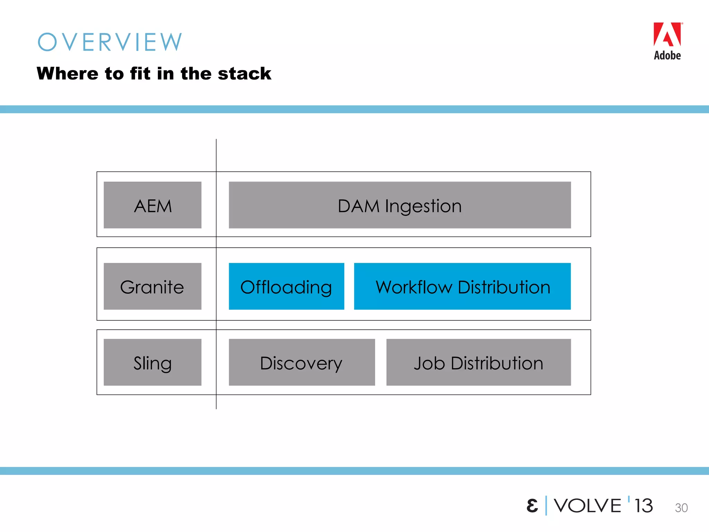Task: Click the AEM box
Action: point(152,205)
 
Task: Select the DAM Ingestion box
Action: point(400,205)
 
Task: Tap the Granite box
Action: point(152,286)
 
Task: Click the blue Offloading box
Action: point(286,286)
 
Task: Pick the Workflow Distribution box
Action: point(462,286)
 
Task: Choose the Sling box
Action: point(152,362)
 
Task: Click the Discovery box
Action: point(302,362)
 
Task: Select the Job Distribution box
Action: point(478,362)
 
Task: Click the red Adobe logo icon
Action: point(667,35)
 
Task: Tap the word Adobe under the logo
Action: point(667,55)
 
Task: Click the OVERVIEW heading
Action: point(110,42)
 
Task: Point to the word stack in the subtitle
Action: point(244,73)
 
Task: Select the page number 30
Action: point(681,508)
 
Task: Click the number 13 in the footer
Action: point(643,506)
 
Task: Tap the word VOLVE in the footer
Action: point(587,506)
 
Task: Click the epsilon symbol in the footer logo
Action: point(532,506)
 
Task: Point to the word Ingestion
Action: point(423,206)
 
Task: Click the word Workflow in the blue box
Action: point(414,287)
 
